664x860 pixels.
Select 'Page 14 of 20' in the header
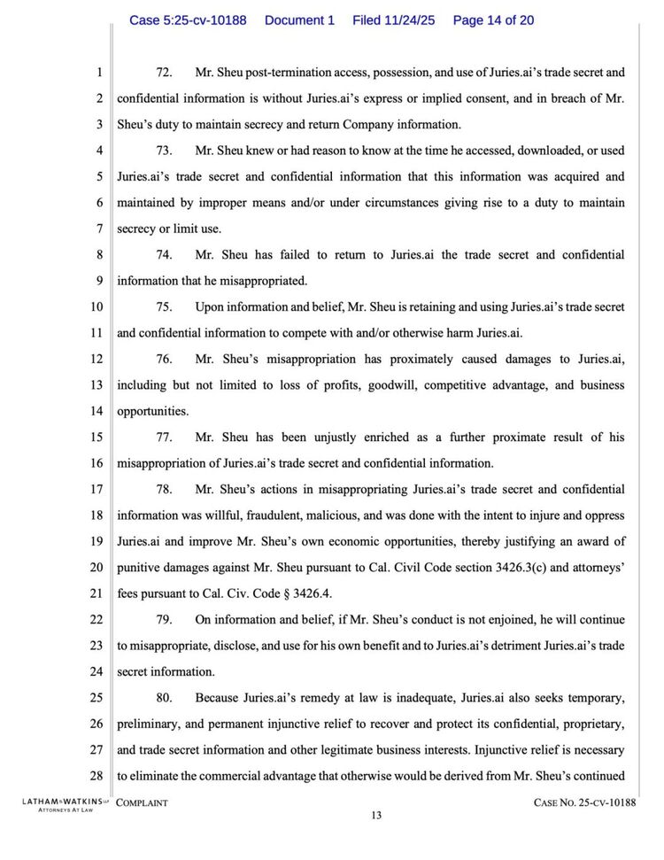pyautogui.click(x=493, y=19)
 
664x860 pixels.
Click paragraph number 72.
pyautogui.click(x=164, y=73)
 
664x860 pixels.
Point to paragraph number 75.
pyautogui.click(x=164, y=307)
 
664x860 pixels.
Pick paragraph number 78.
pyautogui.click(x=164, y=489)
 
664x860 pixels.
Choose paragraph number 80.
pyautogui.click(x=164, y=698)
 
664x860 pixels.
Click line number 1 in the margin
pyautogui.click(x=99, y=73)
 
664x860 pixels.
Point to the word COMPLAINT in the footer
pyautogui.click(x=143, y=802)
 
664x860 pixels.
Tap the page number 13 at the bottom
pyautogui.click(x=376, y=816)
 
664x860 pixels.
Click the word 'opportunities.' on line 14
pyautogui.click(x=152, y=412)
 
